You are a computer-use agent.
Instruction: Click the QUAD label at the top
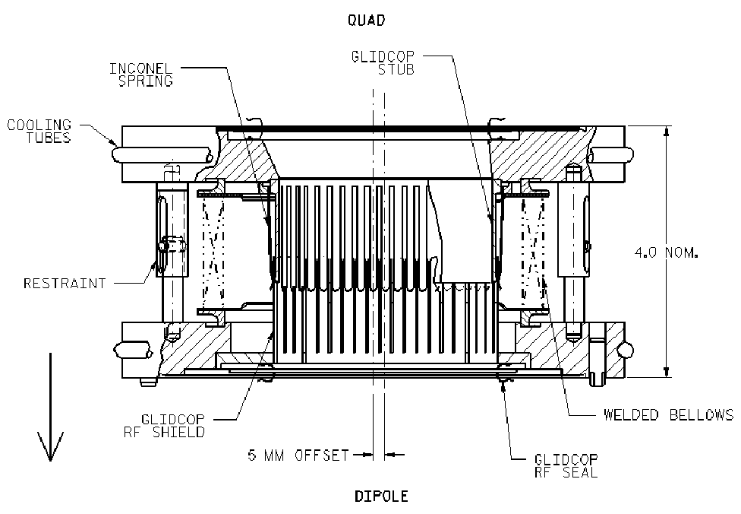coord(366,21)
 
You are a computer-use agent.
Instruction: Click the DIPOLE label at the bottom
coord(381,497)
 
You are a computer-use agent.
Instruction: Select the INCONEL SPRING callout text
coord(141,75)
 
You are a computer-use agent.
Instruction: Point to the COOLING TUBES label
coord(39,130)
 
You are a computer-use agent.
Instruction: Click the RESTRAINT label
coord(65,284)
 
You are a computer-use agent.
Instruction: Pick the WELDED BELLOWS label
coord(668,414)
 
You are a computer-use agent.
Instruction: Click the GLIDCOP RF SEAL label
coord(566,466)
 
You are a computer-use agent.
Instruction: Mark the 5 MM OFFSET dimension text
coord(297,455)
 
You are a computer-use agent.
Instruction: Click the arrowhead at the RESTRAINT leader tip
coord(156,266)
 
